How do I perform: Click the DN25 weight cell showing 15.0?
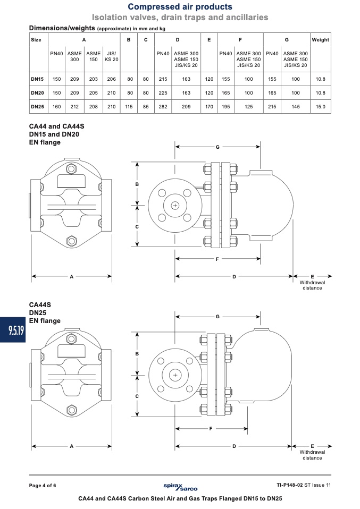(x=320, y=106)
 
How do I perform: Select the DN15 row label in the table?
(x=37, y=79)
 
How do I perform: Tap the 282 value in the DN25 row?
(x=163, y=106)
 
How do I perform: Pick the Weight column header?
(x=320, y=40)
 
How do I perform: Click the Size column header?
(x=36, y=40)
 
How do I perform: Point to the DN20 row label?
(x=37, y=93)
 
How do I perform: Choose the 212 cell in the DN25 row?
(x=74, y=106)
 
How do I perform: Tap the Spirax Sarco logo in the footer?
(x=180, y=487)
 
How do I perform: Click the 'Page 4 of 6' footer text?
(x=43, y=486)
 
